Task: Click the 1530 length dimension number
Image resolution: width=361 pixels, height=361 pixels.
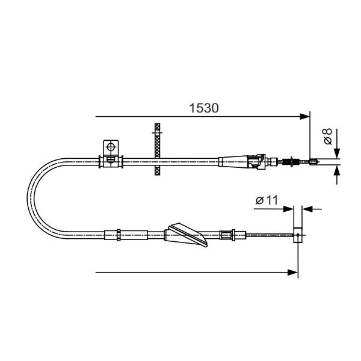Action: (x=204, y=108)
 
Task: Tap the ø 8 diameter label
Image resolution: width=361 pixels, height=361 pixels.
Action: (x=328, y=137)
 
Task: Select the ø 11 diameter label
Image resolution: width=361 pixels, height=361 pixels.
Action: (x=267, y=200)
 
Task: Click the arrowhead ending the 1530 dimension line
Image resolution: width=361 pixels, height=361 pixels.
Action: (x=305, y=117)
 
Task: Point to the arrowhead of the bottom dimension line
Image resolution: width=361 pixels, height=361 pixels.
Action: (x=293, y=273)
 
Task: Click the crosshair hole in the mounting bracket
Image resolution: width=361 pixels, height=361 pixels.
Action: (x=111, y=147)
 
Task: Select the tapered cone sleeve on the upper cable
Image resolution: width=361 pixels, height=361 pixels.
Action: (x=233, y=161)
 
